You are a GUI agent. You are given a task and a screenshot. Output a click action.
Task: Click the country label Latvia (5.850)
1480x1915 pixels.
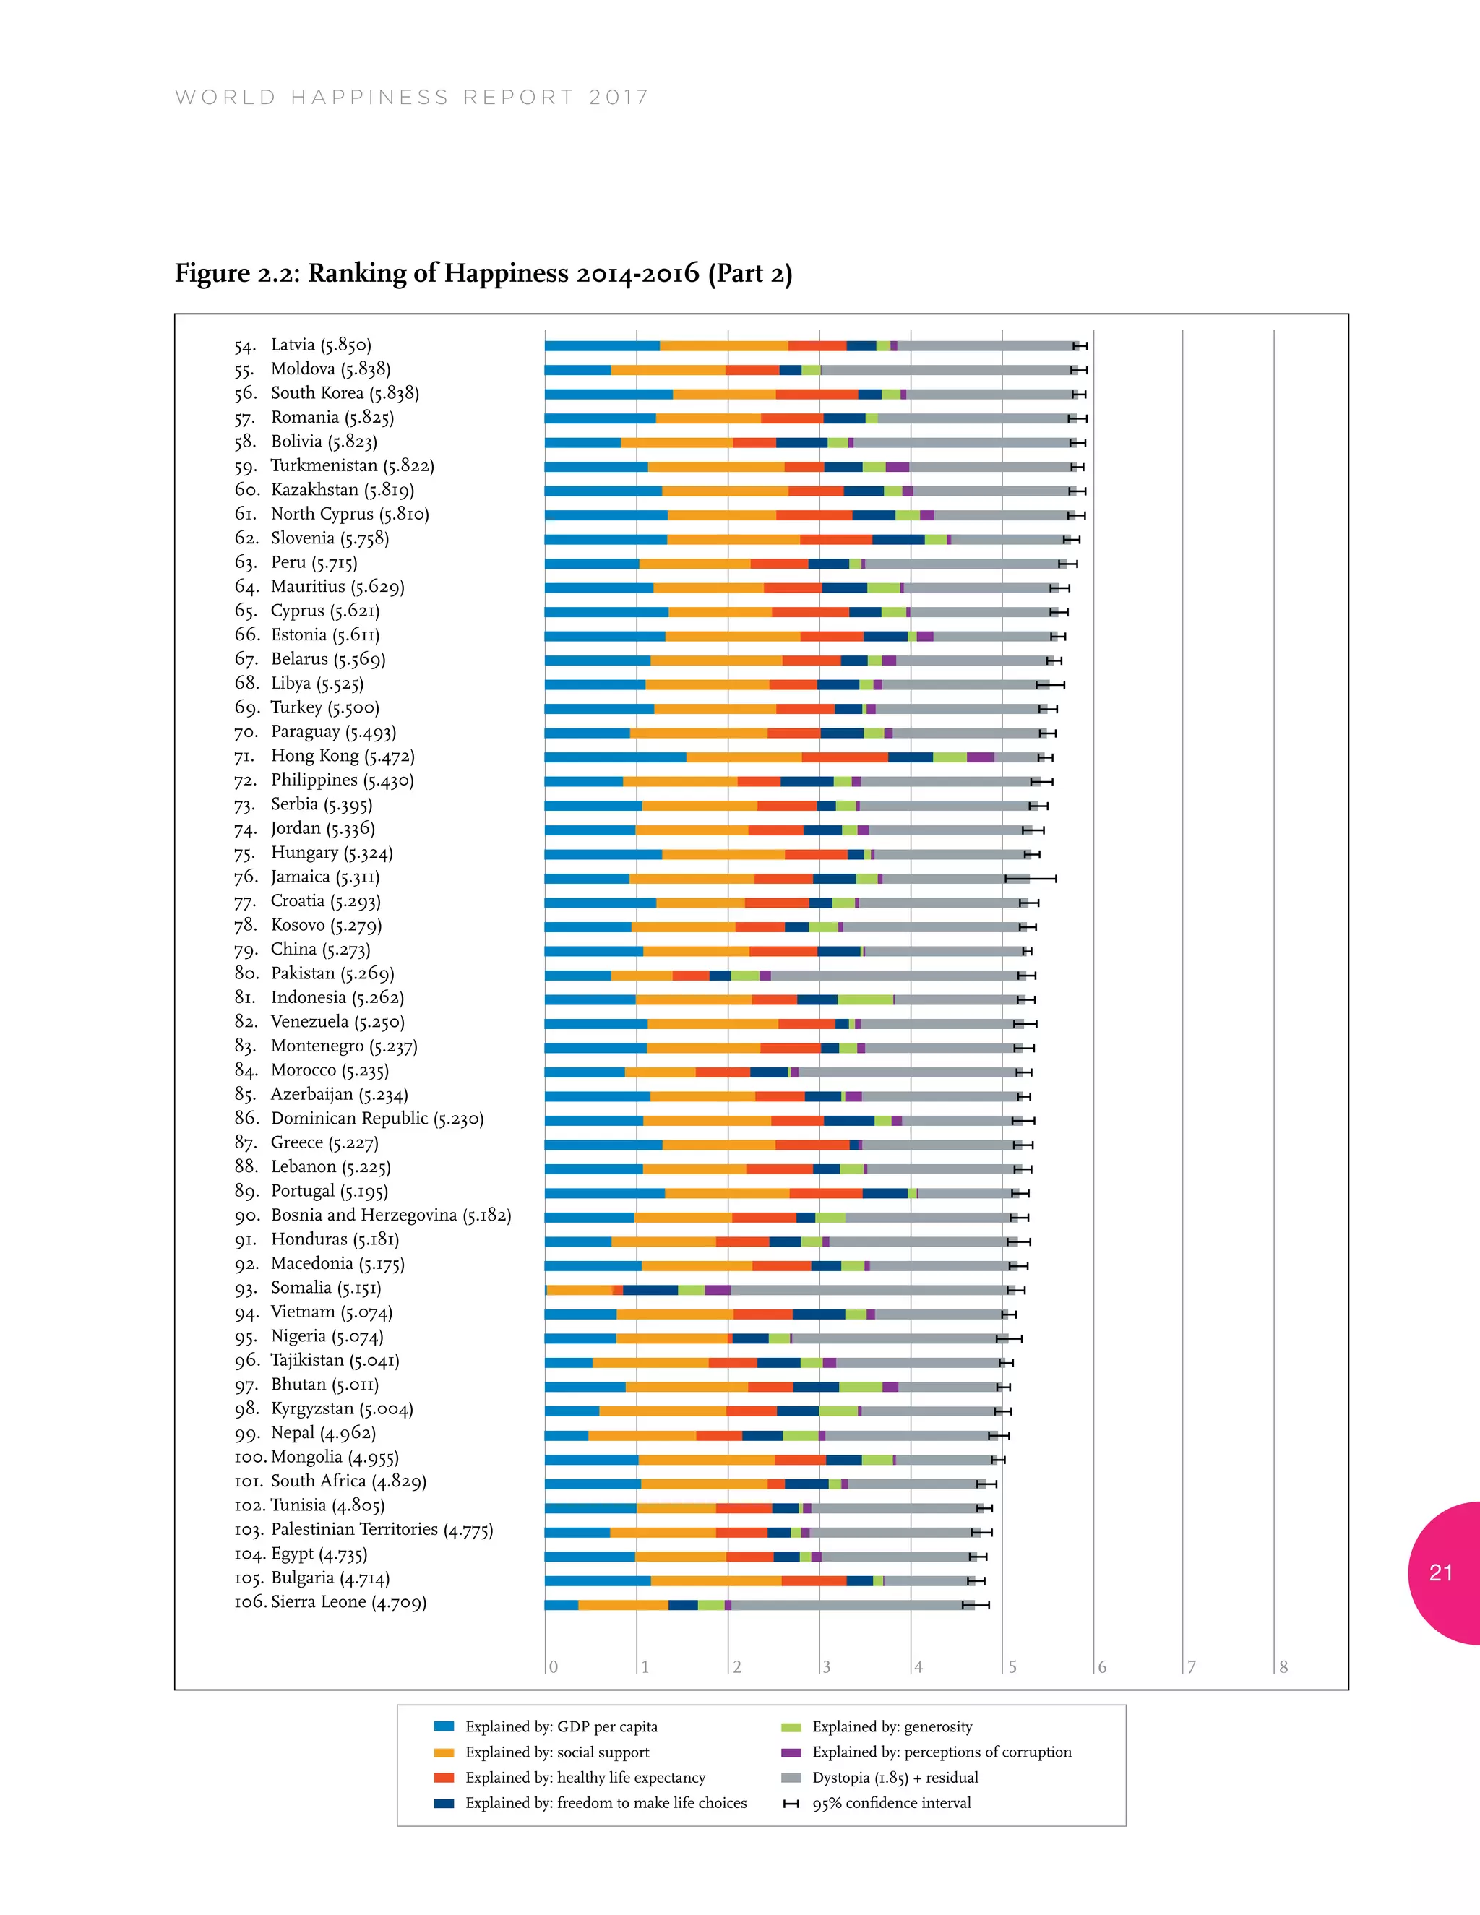[x=321, y=345]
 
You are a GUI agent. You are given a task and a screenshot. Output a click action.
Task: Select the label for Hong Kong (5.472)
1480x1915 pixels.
[x=342, y=756]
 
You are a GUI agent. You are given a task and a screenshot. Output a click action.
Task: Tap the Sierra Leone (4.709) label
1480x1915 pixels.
[x=348, y=1602]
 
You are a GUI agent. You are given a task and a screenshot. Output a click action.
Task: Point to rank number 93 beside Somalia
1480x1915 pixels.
[x=246, y=1288]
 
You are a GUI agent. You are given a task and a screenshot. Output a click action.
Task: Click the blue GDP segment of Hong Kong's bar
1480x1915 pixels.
[x=615, y=757]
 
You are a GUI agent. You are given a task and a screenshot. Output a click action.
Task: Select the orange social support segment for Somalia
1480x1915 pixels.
[x=580, y=1290]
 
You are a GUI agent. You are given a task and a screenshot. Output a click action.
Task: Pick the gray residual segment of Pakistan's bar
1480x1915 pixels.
[x=895, y=975]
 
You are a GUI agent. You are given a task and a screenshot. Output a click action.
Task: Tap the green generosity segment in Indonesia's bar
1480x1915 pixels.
[x=864, y=999]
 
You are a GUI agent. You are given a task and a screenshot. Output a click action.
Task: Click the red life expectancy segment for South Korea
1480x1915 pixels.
[x=817, y=395]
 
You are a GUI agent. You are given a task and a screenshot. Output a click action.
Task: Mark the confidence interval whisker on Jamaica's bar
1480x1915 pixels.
[x=1031, y=878]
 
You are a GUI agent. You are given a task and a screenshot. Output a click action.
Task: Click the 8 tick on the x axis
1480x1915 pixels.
[x=1283, y=1667]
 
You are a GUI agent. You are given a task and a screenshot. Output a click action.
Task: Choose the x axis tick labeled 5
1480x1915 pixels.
[x=1012, y=1667]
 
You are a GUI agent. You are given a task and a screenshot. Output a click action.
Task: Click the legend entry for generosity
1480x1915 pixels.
[x=892, y=1726]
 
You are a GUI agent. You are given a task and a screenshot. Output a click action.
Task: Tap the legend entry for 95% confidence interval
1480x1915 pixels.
[x=891, y=1803]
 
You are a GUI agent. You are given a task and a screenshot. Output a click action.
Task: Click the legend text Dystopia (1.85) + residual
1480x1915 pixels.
[x=895, y=1778]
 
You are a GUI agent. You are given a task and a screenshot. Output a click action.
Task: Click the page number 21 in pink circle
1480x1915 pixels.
[x=1440, y=1573]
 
